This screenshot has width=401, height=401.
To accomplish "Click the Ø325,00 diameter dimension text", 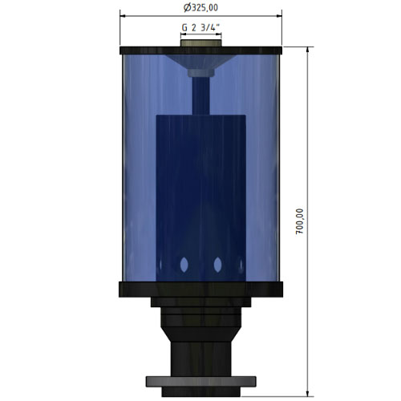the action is [200, 7].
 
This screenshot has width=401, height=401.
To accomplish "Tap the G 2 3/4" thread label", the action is [200, 27].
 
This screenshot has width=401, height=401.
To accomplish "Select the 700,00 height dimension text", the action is [300, 221].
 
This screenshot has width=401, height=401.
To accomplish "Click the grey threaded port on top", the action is [201, 43].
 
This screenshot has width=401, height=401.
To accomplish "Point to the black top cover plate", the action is [201, 51].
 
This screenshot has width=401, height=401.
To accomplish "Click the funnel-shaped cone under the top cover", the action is [200, 62].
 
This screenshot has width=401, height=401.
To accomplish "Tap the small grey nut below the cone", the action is [201, 73].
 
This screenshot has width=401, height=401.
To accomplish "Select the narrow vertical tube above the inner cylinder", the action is [201, 96].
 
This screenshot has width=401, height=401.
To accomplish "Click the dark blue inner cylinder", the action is [201, 198].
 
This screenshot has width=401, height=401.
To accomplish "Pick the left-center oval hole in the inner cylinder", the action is [184, 265].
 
